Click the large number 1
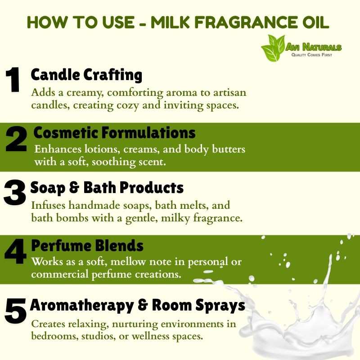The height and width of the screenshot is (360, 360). (x=13, y=80)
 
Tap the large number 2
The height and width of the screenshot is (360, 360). (x=16, y=139)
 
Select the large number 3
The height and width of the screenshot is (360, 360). (x=15, y=193)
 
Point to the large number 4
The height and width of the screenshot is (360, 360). (x=16, y=252)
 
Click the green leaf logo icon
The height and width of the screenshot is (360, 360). (x=273, y=48)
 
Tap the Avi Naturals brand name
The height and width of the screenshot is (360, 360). (x=314, y=47)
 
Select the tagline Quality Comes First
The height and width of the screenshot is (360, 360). (x=311, y=55)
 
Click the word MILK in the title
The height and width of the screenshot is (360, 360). (x=170, y=22)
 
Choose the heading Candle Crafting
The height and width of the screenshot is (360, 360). (x=86, y=75)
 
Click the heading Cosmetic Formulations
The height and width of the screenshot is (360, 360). (x=114, y=133)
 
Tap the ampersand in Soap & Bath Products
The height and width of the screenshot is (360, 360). (x=74, y=187)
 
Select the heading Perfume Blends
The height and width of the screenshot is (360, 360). (x=87, y=246)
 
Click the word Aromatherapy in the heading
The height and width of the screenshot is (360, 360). (x=82, y=306)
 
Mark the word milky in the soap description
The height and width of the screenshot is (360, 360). (x=175, y=218)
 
